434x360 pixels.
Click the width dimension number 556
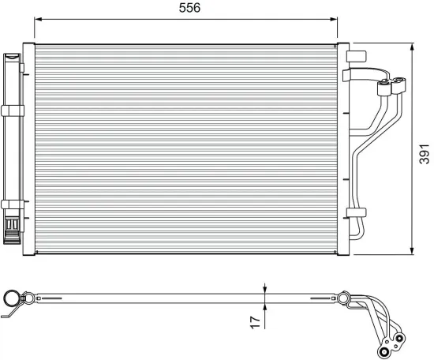(189, 9)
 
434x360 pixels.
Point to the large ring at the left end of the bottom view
(13, 299)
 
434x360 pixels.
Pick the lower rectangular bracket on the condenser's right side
(357, 212)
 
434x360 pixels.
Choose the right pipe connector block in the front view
(401, 88)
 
